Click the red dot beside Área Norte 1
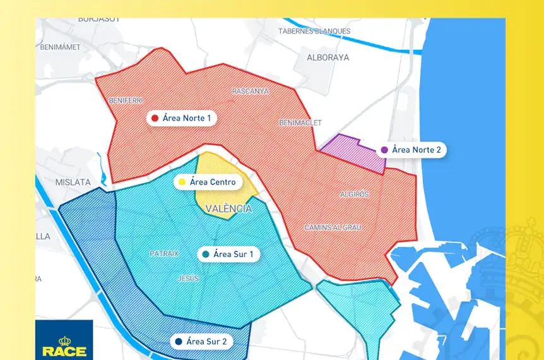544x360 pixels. pos(154,118)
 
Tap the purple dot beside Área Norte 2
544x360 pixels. pos(384,150)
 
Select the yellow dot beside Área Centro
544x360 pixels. pos(182,183)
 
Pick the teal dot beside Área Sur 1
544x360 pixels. pos(206,255)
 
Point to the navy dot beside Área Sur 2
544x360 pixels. pos(179,342)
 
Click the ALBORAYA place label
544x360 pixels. pos(328,57)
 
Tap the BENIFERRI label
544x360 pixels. pos(126,100)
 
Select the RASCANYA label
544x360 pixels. pos(250,91)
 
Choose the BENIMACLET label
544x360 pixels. pos(300,123)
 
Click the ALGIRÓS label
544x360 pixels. pos(354,194)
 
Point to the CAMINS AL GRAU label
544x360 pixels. pos(333,227)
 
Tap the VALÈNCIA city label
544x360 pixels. pos(229,208)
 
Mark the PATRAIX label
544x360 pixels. pos(164,253)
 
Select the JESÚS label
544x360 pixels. pos(189,279)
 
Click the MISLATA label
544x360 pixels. pos(73,182)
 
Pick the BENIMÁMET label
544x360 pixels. pos(60,47)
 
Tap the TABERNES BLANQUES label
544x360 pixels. pos(314,31)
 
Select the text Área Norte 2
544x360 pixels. pos(417,150)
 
